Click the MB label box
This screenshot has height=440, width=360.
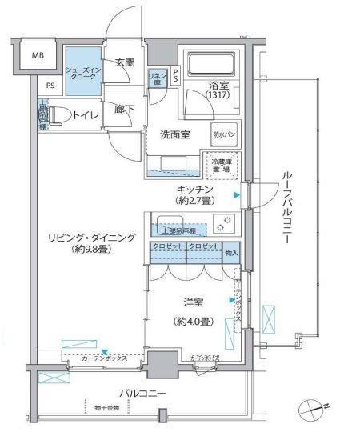38,56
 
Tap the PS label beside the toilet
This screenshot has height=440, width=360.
50,86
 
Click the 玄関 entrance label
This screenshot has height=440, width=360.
124,62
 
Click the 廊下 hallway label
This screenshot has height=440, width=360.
123,110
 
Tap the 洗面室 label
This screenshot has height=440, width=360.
174,134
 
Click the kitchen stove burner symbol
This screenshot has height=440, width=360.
225,222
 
